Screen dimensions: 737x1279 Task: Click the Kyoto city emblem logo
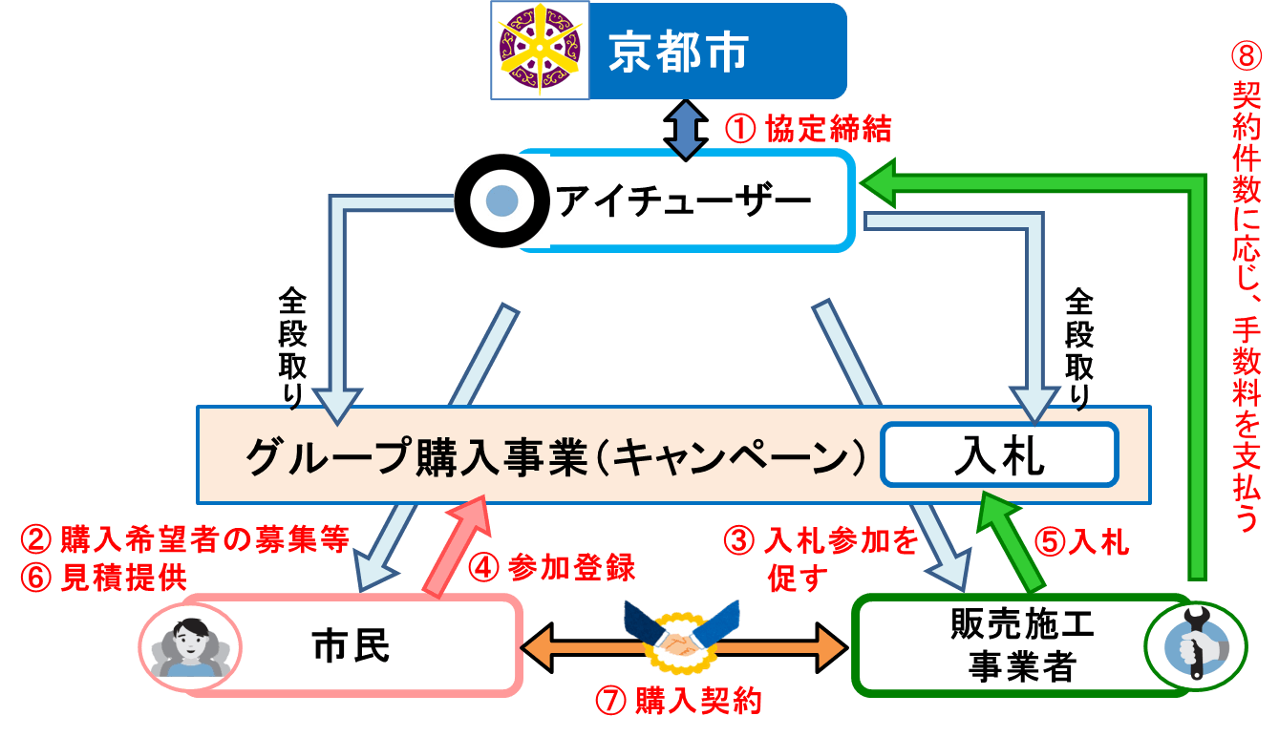540,51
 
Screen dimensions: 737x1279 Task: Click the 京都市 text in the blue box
678,53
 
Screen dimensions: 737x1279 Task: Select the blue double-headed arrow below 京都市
685,131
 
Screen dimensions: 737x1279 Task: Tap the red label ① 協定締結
808,130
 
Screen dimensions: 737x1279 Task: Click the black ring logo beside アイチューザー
501,200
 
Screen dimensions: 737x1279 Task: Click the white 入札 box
999,455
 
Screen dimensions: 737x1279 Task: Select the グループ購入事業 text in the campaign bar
416,455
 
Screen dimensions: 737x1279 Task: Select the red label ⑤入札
1081,542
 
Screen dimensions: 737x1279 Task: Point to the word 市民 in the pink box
351,646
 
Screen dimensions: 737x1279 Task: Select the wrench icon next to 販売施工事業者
1196,645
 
